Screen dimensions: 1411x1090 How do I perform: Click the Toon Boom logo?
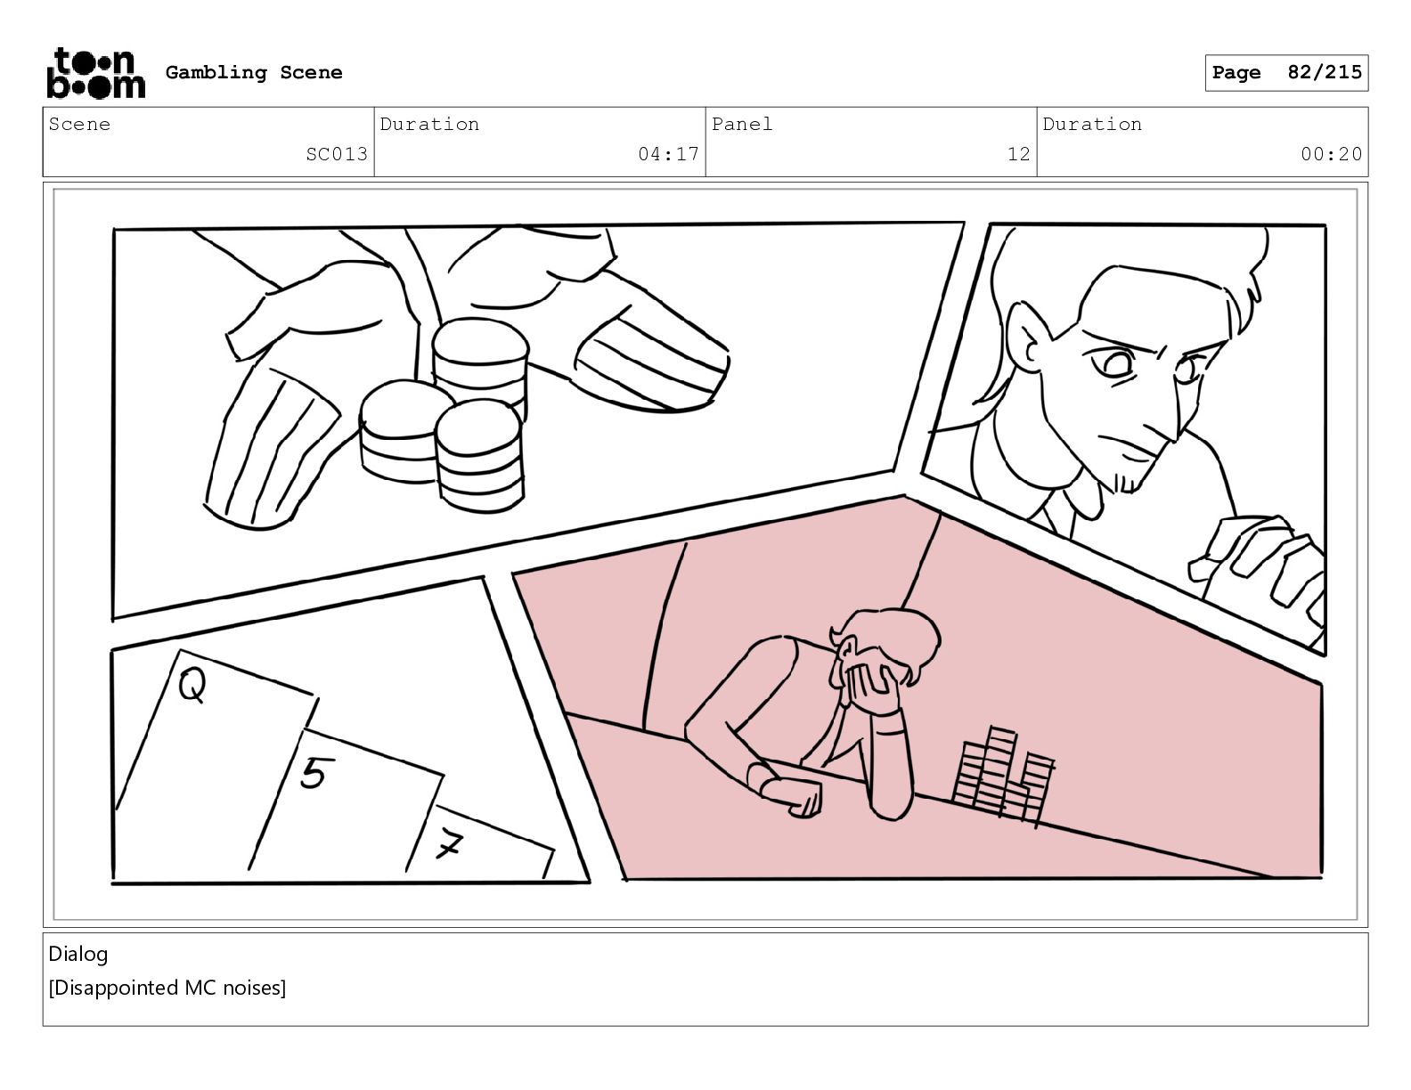click(96, 73)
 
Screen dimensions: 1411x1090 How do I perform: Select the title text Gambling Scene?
click(254, 72)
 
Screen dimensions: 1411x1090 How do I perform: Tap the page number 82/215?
click(1325, 72)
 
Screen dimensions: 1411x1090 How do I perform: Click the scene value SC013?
click(337, 154)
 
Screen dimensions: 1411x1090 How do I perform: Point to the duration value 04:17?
click(668, 154)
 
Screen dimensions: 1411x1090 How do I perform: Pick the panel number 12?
click(1018, 154)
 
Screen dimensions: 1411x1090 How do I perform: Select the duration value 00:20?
click(1331, 154)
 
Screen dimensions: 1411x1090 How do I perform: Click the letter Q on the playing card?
click(192, 686)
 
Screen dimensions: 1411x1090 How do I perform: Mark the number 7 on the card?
click(449, 843)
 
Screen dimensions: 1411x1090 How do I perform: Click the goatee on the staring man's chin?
click(1127, 481)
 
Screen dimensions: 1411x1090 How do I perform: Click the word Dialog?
click(77, 954)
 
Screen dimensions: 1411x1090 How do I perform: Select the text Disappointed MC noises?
click(167, 988)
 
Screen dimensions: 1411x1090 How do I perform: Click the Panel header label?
click(741, 124)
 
